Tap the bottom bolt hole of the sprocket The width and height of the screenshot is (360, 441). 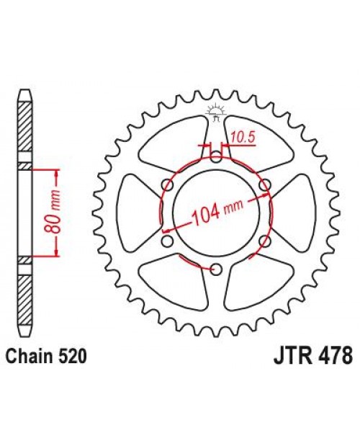(x=215, y=269)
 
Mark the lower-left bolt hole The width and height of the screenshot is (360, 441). (x=166, y=241)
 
